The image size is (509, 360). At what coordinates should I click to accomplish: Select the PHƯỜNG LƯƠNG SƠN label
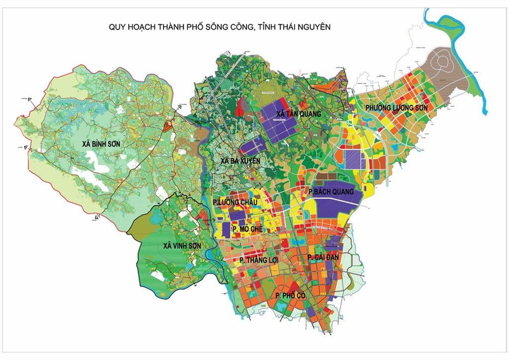398,108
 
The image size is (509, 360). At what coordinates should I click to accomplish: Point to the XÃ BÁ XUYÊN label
239,162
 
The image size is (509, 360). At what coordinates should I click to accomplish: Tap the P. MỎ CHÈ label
247,230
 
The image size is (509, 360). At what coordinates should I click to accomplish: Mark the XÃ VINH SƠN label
182,245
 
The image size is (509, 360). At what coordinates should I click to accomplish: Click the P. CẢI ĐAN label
324,258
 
